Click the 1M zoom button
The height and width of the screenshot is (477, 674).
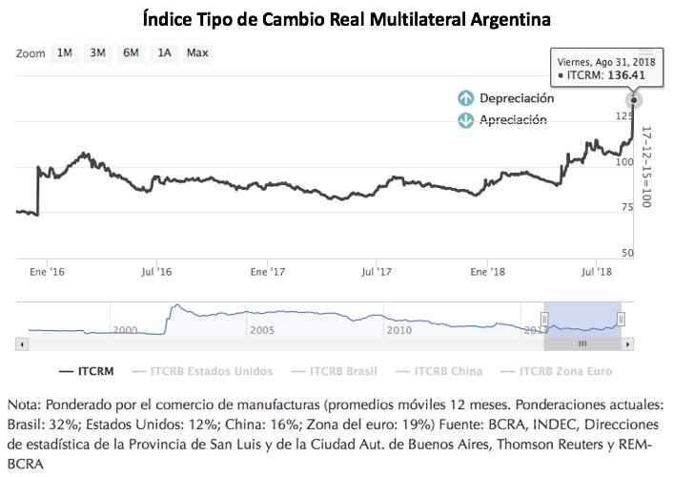65,52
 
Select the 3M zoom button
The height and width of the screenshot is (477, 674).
97,52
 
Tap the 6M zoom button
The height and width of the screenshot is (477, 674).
131,52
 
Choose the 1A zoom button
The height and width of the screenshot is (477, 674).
164,52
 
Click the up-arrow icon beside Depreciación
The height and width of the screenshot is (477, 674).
466,98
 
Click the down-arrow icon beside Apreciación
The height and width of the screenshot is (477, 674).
466,120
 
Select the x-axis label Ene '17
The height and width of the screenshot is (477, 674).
269,272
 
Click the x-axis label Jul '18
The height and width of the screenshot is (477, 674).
597,272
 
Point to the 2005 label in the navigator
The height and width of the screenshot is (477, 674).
261,329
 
